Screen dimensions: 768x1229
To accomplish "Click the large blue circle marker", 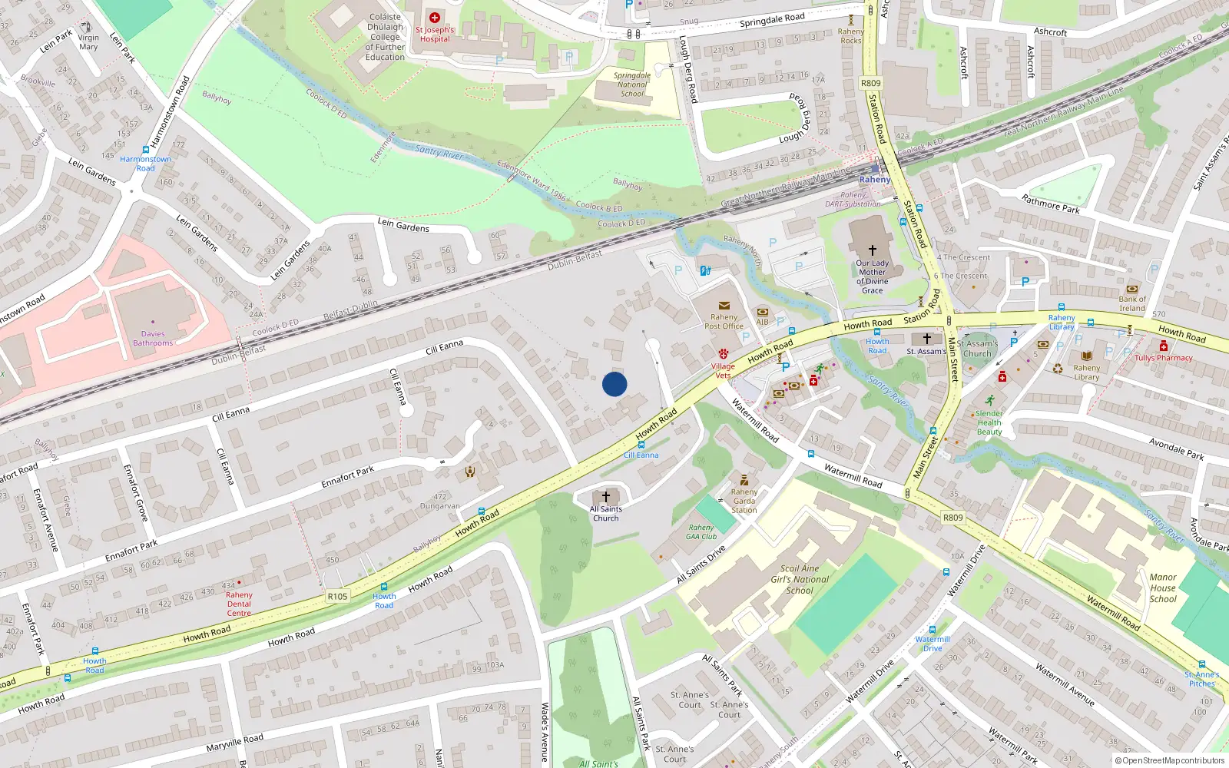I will click(614, 384).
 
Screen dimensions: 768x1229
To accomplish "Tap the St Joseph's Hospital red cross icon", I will click(435, 18).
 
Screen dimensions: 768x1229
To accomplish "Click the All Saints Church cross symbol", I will click(606, 497).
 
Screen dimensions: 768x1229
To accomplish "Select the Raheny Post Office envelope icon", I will click(724, 306).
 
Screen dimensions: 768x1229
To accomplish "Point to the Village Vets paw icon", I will click(723, 355).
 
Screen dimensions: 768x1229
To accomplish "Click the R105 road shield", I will click(337, 596).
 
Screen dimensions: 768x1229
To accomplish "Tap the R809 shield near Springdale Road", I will click(871, 83).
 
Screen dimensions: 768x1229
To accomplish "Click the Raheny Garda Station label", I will click(744, 501).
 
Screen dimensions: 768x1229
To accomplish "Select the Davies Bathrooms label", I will click(153, 339).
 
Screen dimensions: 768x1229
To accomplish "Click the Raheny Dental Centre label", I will click(239, 604).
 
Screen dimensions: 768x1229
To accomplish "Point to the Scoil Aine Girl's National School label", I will click(800, 580).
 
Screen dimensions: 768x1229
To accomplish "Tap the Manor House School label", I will click(1163, 588).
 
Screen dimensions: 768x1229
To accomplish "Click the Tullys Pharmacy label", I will click(1164, 358).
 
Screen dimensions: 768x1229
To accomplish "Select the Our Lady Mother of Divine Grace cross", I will click(873, 250).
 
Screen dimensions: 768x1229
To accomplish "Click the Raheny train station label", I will click(875, 180).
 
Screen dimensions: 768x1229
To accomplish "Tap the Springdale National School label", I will click(632, 84).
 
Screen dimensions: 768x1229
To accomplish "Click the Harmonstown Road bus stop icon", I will click(146, 150).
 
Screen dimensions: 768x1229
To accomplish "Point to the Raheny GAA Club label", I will click(701, 531).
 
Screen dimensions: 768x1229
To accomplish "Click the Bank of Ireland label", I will click(1132, 303).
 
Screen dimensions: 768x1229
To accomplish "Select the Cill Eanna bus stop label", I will click(641, 455).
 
